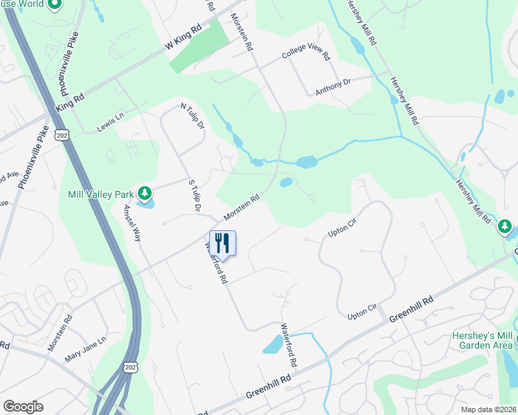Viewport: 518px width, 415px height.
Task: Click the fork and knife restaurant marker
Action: pos(222,243)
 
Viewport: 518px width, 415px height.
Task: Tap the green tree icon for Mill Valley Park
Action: pos(144,192)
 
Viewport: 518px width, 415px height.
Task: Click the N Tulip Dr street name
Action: pos(193,116)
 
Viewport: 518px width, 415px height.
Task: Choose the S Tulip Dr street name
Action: pos(195,195)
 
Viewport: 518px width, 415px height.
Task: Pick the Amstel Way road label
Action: pos(132,222)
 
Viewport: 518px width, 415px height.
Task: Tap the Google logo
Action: pos(23,407)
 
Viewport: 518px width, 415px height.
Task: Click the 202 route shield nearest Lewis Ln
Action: pos(63,133)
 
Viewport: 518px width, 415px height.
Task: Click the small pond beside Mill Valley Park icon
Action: pos(145,203)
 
